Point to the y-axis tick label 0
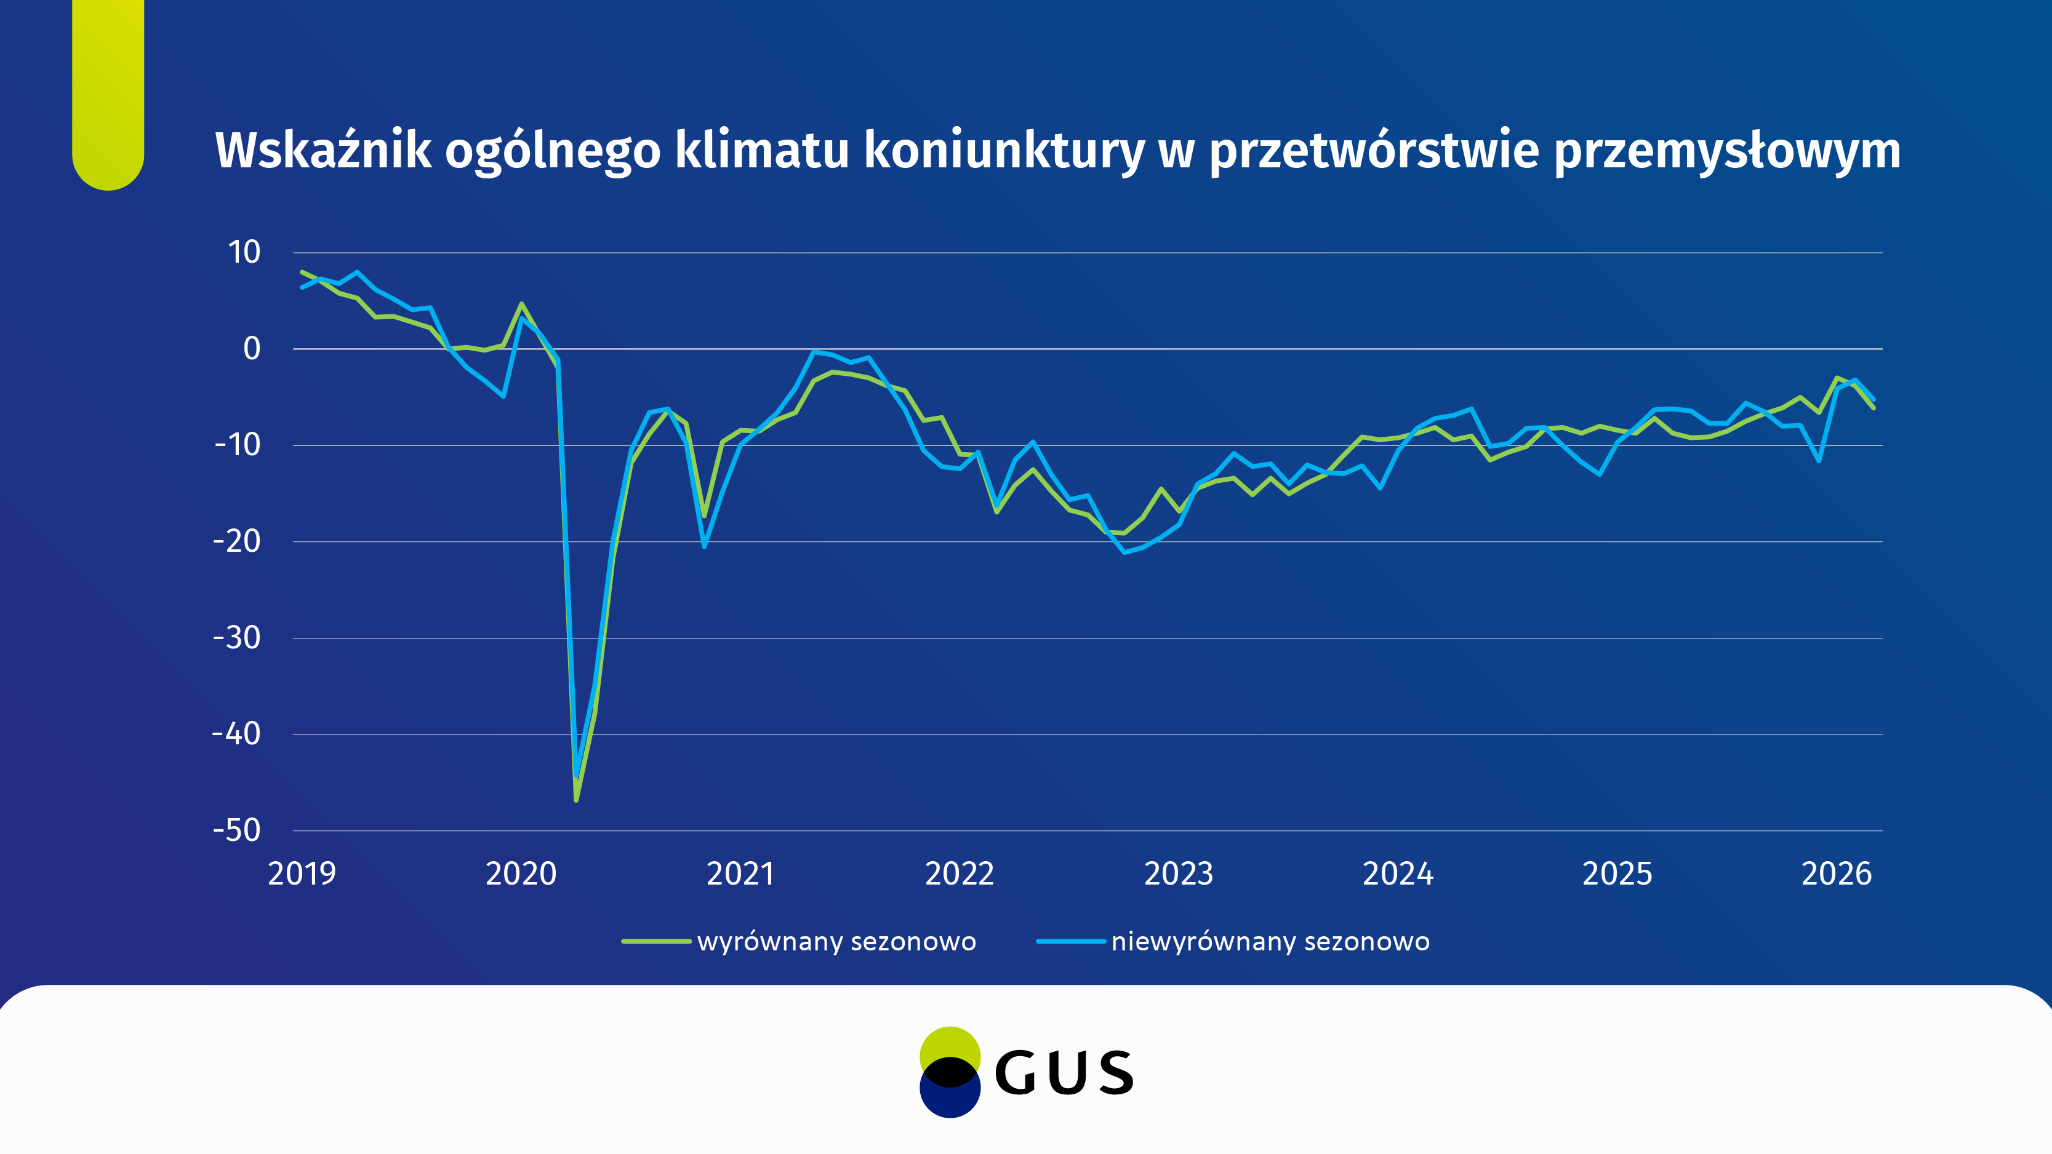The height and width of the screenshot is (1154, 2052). point(252,349)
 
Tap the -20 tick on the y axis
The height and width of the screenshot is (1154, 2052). point(236,541)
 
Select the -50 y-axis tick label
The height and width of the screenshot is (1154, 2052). point(236,830)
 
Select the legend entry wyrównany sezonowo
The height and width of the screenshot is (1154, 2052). point(836,941)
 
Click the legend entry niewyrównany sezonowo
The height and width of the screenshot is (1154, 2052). point(1270,941)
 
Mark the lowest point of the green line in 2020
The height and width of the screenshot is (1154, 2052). point(576,800)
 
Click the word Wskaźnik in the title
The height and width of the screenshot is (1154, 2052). point(323,151)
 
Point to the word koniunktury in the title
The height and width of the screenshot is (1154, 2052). point(1004,151)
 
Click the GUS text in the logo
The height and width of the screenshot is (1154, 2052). point(1064,1073)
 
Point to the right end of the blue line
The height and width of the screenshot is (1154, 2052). point(1874,399)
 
